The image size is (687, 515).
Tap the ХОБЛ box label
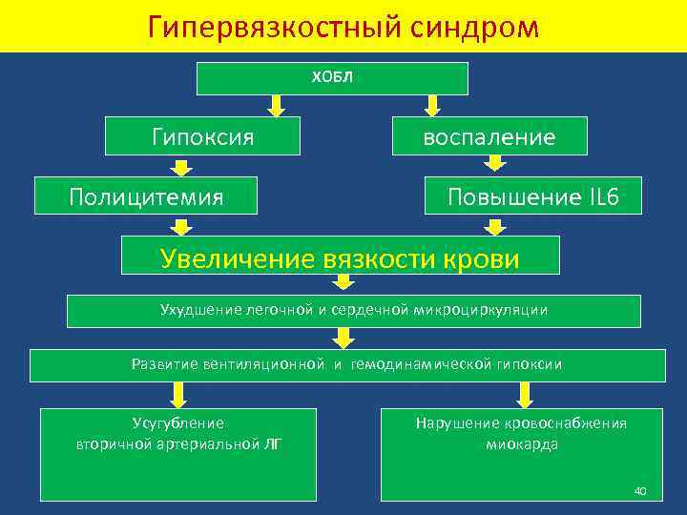(x=332, y=77)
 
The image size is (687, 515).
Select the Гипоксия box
(x=202, y=136)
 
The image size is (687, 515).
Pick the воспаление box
(x=489, y=137)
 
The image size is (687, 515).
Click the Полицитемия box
(x=146, y=196)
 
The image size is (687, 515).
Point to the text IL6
(x=599, y=197)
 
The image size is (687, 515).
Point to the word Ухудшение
(x=197, y=309)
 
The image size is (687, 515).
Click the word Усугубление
(x=178, y=422)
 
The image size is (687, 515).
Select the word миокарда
(x=522, y=443)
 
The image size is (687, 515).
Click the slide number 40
(x=640, y=490)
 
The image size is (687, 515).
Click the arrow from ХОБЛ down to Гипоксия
(x=277, y=106)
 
